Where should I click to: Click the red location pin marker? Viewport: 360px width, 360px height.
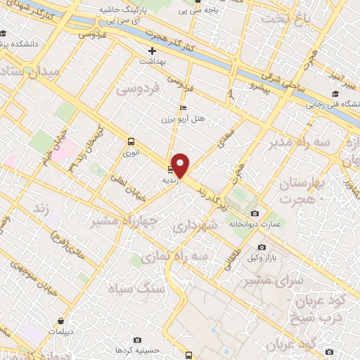click(x=181, y=165)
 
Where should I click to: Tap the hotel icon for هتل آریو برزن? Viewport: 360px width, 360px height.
click(x=183, y=108)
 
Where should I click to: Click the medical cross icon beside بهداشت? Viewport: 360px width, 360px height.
click(x=151, y=51)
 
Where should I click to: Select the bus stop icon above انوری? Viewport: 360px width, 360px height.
click(x=131, y=140)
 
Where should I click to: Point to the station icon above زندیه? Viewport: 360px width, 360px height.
click(x=169, y=169)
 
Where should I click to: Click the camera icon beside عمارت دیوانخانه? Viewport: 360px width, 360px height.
click(x=255, y=213)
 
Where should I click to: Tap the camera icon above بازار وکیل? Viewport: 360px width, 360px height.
click(x=262, y=247)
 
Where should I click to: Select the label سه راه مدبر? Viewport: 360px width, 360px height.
click(x=295, y=143)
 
